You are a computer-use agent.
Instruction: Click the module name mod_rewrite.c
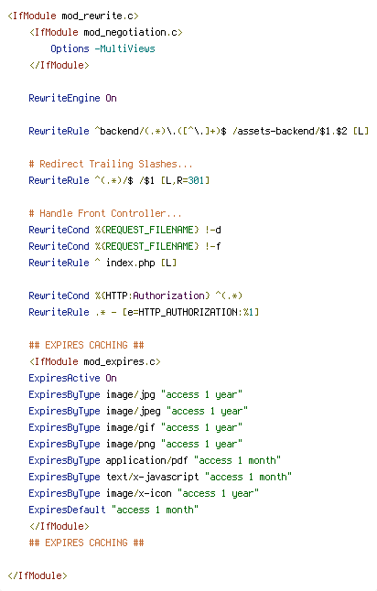click(97, 16)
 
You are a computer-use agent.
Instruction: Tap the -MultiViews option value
click(124, 48)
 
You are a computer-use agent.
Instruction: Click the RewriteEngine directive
click(64, 98)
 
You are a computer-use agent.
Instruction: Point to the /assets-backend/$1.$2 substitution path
click(290, 131)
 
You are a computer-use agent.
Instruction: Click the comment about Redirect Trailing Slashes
click(111, 164)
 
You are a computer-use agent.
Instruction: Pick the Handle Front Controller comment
click(105, 213)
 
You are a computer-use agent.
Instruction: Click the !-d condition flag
click(213, 230)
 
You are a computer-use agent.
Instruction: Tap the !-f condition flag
click(213, 246)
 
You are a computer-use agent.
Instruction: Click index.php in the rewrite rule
click(131, 263)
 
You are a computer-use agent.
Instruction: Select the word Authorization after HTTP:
click(168, 295)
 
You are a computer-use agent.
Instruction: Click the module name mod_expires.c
click(119, 361)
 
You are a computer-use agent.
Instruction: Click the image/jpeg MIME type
click(133, 411)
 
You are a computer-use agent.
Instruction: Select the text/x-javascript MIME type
click(152, 477)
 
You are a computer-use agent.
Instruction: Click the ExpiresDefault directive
click(67, 510)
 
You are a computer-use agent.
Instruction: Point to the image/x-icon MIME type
click(138, 493)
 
